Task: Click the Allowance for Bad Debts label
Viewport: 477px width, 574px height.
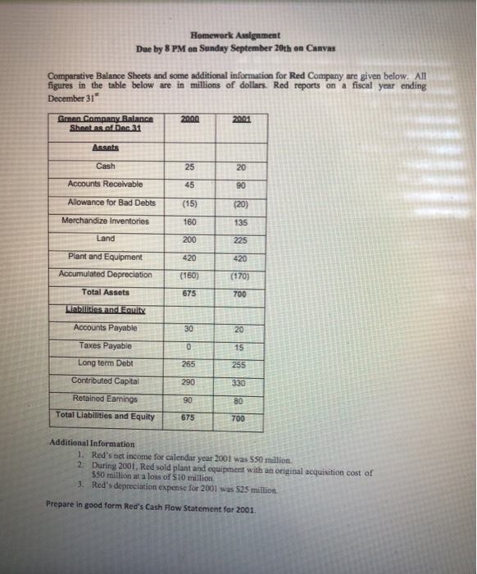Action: click(x=111, y=202)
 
